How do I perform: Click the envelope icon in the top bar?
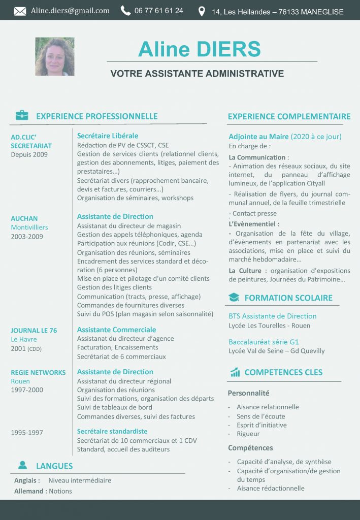click(x=20, y=11)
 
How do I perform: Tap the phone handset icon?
click(x=125, y=11)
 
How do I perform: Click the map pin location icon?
click(x=202, y=11)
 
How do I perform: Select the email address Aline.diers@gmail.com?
click(x=70, y=11)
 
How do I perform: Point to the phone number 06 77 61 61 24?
click(x=159, y=11)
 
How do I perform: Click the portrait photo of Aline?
click(x=55, y=56)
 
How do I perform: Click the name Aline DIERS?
click(x=199, y=49)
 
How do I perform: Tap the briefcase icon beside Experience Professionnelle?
click(x=22, y=116)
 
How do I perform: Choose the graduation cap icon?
click(x=234, y=298)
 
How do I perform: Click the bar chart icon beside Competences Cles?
click(x=235, y=372)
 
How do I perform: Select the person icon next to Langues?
click(x=22, y=465)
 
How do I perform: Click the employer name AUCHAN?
click(x=24, y=219)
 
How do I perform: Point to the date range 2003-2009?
click(x=27, y=237)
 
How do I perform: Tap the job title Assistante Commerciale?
click(x=116, y=330)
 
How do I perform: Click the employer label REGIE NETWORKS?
click(x=38, y=373)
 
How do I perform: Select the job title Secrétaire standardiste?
click(x=112, y=431)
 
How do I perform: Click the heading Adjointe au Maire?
click(x=258, y=137)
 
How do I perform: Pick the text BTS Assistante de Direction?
click(x=272, y=316)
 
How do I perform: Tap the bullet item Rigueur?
click(x=248, y=434)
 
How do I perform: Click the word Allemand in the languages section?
click(x=29, y=491)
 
